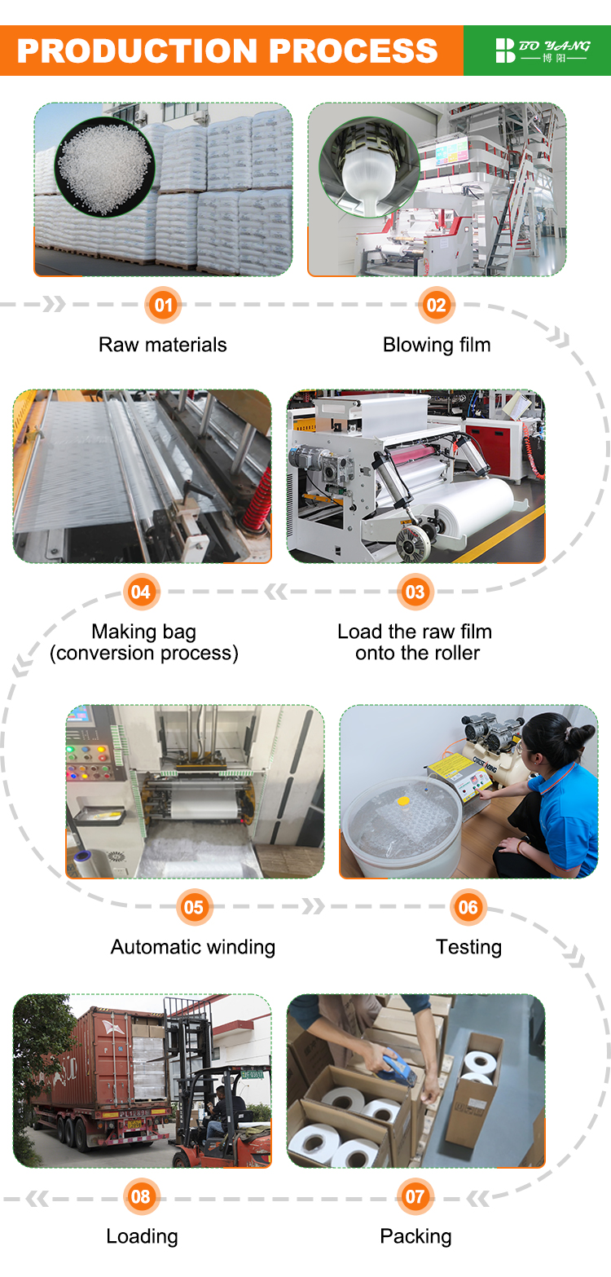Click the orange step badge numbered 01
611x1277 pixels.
[163, 305]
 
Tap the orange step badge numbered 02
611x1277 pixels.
[437, 305]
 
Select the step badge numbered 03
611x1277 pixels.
[415, 592]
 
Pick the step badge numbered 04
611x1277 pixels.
[142, 592]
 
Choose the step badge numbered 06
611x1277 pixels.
[468, 907]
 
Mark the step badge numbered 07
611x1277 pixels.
[415, 1196]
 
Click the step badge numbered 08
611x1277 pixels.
[142, 1196]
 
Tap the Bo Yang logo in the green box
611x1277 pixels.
[542, 51]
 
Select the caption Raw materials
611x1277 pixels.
[162, 345]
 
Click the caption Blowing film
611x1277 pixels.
[437, 345]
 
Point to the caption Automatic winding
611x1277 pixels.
[192, 947]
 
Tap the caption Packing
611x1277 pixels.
[415, 1236]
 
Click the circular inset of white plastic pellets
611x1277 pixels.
[105, 166]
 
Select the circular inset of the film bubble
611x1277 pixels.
[369, 167]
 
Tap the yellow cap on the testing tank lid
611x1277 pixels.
[403, 802]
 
